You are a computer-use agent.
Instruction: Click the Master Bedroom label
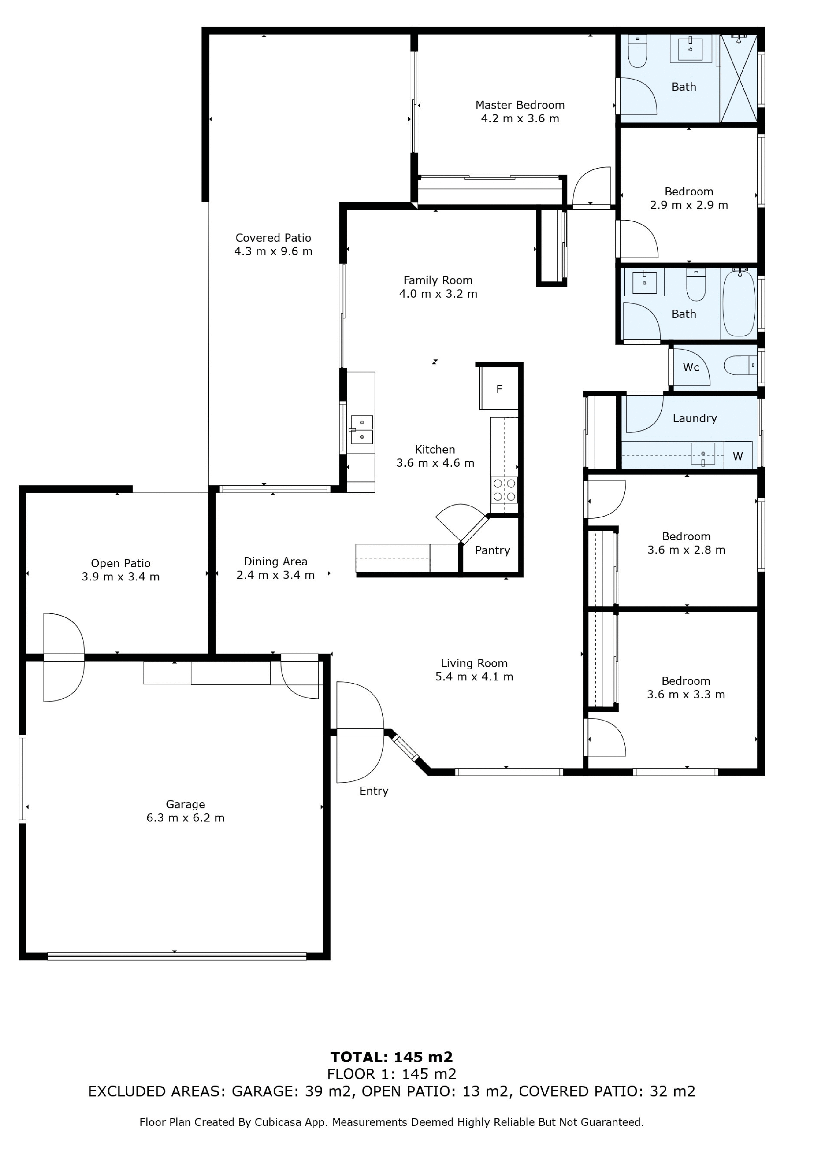point(520,105)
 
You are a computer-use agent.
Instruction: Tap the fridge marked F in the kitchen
point(499,388)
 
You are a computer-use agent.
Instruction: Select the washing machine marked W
point(738,455)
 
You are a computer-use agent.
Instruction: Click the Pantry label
point(492,550)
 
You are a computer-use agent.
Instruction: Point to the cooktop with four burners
point(504,490)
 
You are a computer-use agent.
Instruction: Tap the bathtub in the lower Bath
point(739,304)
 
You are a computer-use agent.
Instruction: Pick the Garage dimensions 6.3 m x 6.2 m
point(185,818)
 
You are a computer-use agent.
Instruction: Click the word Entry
point(374,791)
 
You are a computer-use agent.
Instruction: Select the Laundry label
point(695,418)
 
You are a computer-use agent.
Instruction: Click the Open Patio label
point(121,563)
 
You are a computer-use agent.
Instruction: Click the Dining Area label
point(276,561)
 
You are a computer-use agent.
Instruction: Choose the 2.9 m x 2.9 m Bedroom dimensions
point(689,205)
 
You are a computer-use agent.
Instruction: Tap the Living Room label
point(474,663)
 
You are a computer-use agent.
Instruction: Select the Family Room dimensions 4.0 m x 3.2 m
point(438,294)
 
